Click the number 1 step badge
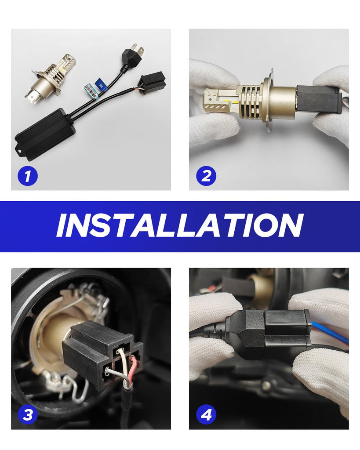click(x=28, y=176)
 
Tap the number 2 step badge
click(x=206, y=176)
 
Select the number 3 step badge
click(x=28, y=414)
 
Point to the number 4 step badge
click(x=206, y=414)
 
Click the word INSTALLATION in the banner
click(x=180, y=226)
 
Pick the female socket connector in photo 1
click(x=152, y=82)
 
